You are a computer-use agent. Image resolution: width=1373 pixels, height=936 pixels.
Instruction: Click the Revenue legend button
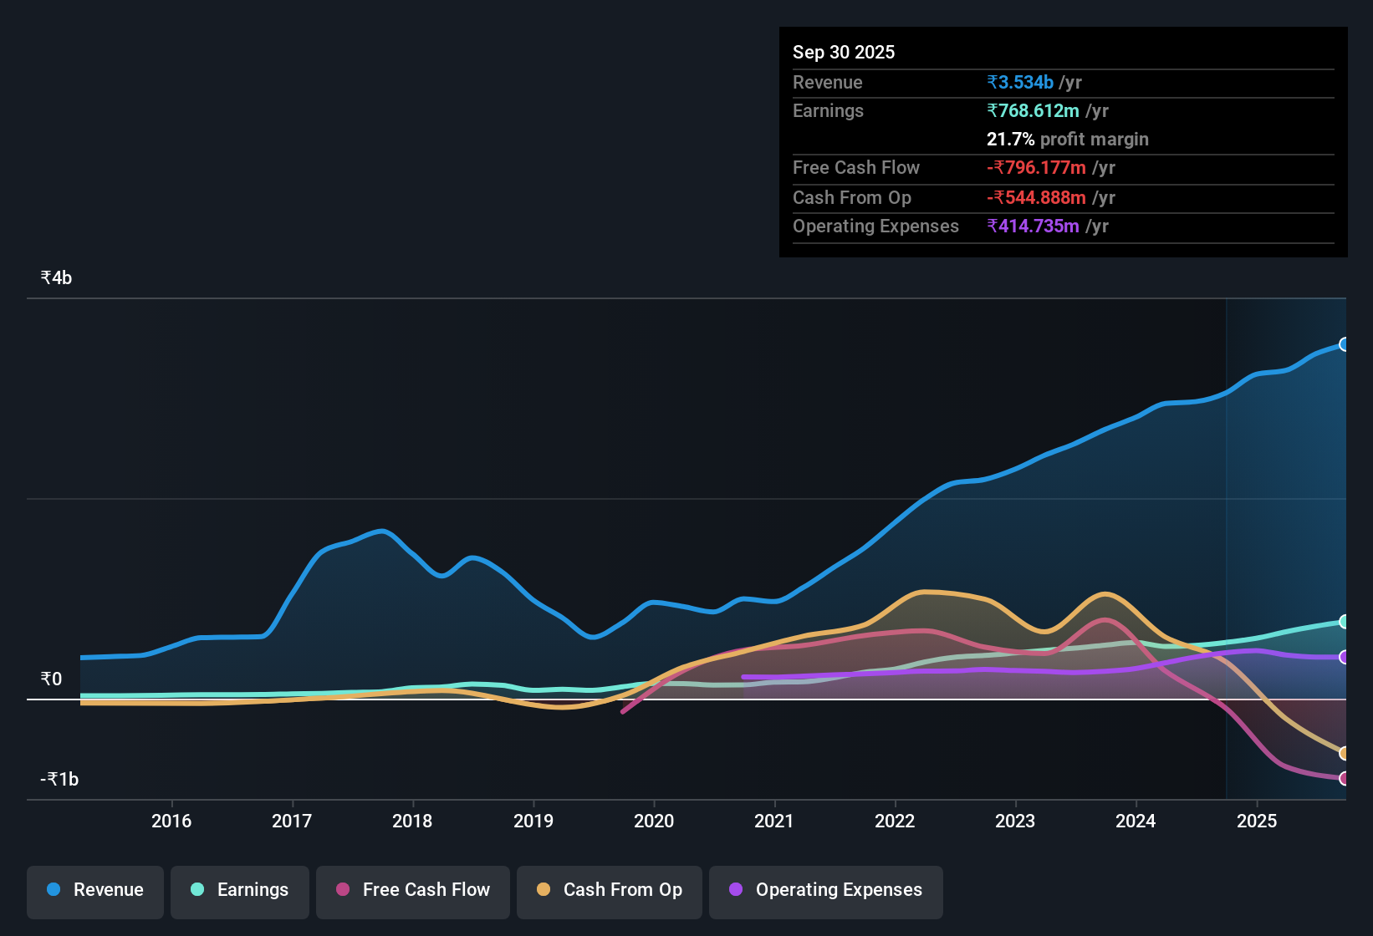(95, 890)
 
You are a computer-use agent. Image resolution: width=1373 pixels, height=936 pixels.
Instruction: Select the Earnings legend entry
(240, 890)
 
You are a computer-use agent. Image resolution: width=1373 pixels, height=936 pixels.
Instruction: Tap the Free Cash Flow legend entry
(413, 890)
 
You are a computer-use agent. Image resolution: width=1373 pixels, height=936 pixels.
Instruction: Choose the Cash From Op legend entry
(610, 890)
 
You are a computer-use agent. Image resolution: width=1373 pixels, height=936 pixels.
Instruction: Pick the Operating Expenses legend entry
(826, 890)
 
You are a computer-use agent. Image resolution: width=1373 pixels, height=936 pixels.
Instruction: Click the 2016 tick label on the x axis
(171, 821)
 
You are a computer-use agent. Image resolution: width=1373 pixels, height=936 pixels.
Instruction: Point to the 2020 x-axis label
(654, 821)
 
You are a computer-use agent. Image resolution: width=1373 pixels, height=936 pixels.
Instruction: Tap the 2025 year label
(1256, 821)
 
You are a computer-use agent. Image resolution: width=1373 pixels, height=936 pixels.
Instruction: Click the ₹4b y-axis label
(56, 278)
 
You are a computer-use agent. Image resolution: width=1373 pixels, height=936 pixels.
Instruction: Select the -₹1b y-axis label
(59, 780)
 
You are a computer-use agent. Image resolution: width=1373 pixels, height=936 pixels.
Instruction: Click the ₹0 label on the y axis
(51, 679)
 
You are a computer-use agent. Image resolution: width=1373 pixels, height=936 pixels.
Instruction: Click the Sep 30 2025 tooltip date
(843, 53)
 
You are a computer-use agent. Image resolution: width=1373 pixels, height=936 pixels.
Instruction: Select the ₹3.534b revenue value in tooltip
(1019, 83)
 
